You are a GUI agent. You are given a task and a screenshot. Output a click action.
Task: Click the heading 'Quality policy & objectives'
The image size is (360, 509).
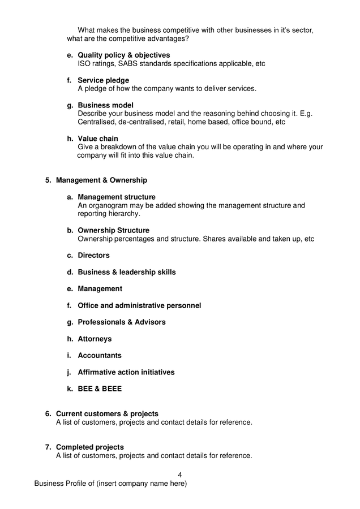tap(123, 55)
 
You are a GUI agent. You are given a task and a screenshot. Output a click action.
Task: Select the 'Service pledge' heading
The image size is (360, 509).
tap(103, 80)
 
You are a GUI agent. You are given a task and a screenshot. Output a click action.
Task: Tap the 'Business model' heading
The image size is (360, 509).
tap(105, 105)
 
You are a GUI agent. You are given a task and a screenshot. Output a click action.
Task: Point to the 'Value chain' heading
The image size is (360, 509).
tap(98, 139)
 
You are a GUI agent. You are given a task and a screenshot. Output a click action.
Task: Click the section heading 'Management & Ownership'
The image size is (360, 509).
tap(101, 180)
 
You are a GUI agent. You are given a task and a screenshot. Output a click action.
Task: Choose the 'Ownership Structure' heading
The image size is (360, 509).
tap(113, 231)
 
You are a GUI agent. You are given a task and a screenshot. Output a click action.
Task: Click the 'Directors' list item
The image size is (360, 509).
tap(93, 256)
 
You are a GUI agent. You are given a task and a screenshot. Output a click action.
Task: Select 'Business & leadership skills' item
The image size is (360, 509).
tap(127, 272)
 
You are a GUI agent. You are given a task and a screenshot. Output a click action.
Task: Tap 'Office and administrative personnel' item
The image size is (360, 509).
tap(139, 305)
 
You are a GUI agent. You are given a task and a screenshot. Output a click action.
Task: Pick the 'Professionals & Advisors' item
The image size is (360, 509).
tap(122, 322)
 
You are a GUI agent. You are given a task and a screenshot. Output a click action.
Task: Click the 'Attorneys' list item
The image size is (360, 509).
tap(95, 339)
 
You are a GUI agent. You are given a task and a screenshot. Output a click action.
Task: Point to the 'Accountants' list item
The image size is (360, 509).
tap(100, 356)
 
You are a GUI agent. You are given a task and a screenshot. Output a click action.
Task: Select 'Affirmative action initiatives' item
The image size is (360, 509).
tap(126, 372)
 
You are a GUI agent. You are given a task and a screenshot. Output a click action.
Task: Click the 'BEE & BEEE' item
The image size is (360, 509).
tap(100, 389)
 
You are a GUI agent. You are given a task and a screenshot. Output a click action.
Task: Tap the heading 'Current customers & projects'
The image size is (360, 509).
tap(107, 414)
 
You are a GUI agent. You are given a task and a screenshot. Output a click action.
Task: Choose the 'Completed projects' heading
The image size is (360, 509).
tap(89, 447)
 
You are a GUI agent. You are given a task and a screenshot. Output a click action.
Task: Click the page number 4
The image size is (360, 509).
tap(179, 475)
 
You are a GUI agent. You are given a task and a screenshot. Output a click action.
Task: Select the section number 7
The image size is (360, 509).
tap(48, 447)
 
